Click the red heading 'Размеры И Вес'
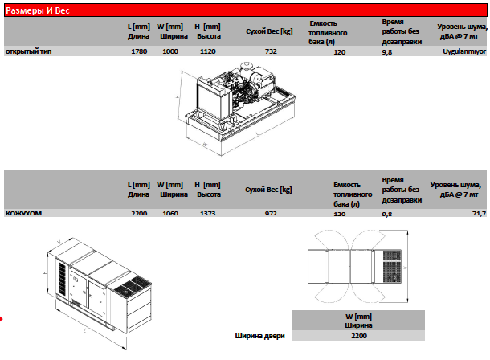(38, 10)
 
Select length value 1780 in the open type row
(139, 51)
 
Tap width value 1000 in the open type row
(170, 51)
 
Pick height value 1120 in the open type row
(208, 51)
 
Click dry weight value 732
(271, 51)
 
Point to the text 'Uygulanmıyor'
(464, 51)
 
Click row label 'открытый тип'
(28, 51)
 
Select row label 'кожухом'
(23, 213)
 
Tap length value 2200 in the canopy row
(139, 213)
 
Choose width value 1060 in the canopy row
(170, 213)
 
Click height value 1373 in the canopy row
(208, 213)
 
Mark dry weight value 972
(271, 213)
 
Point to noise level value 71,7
(480, 214)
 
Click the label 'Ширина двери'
(259, 336)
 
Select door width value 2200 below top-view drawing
(359, 336)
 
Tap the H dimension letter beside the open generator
(178, 97)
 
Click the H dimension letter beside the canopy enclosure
(45, 272)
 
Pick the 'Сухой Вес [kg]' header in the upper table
(269, 31)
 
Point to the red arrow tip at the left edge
(2, 319)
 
